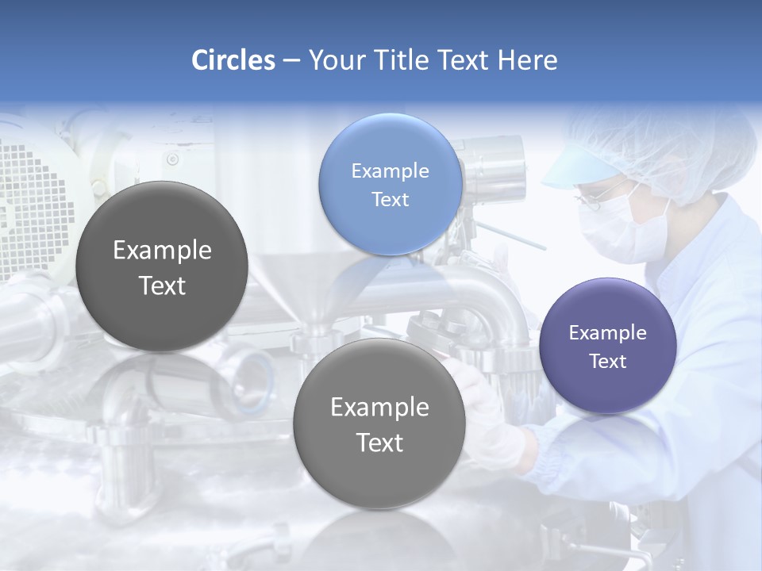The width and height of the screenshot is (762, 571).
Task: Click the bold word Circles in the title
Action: [233, 60]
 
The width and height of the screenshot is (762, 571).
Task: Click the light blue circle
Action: [390, 184]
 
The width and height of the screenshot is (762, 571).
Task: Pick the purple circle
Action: [608, 346]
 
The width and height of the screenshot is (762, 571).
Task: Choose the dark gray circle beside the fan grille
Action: [162, 266]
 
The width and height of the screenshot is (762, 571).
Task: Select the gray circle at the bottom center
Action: [379, 423]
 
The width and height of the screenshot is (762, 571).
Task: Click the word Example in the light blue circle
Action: [390, 171]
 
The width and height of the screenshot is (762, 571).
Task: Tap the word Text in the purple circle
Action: [608, 361]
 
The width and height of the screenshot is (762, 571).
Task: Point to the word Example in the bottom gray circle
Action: [379, 407]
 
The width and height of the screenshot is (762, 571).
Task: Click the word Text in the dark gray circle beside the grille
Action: [162, 285]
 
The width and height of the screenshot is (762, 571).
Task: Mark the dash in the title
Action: [291, 60]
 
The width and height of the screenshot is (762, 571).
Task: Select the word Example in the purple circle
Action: [608, 332]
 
